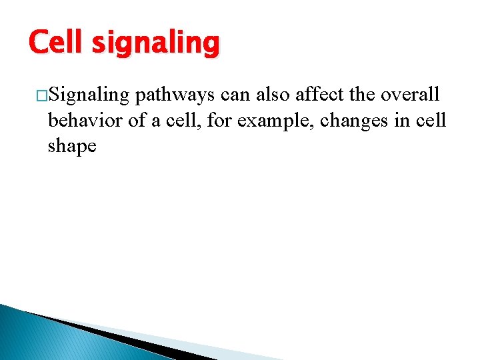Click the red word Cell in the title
pyautogui.click(x=55, y=43)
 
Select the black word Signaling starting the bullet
pyautogui.click(x=89, y=95)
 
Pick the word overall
pyautogui.click(x=410, y=95)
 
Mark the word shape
pyautogui.click(x=72, y=147)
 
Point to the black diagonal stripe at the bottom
pyautogui.click(x=120, y=337)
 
